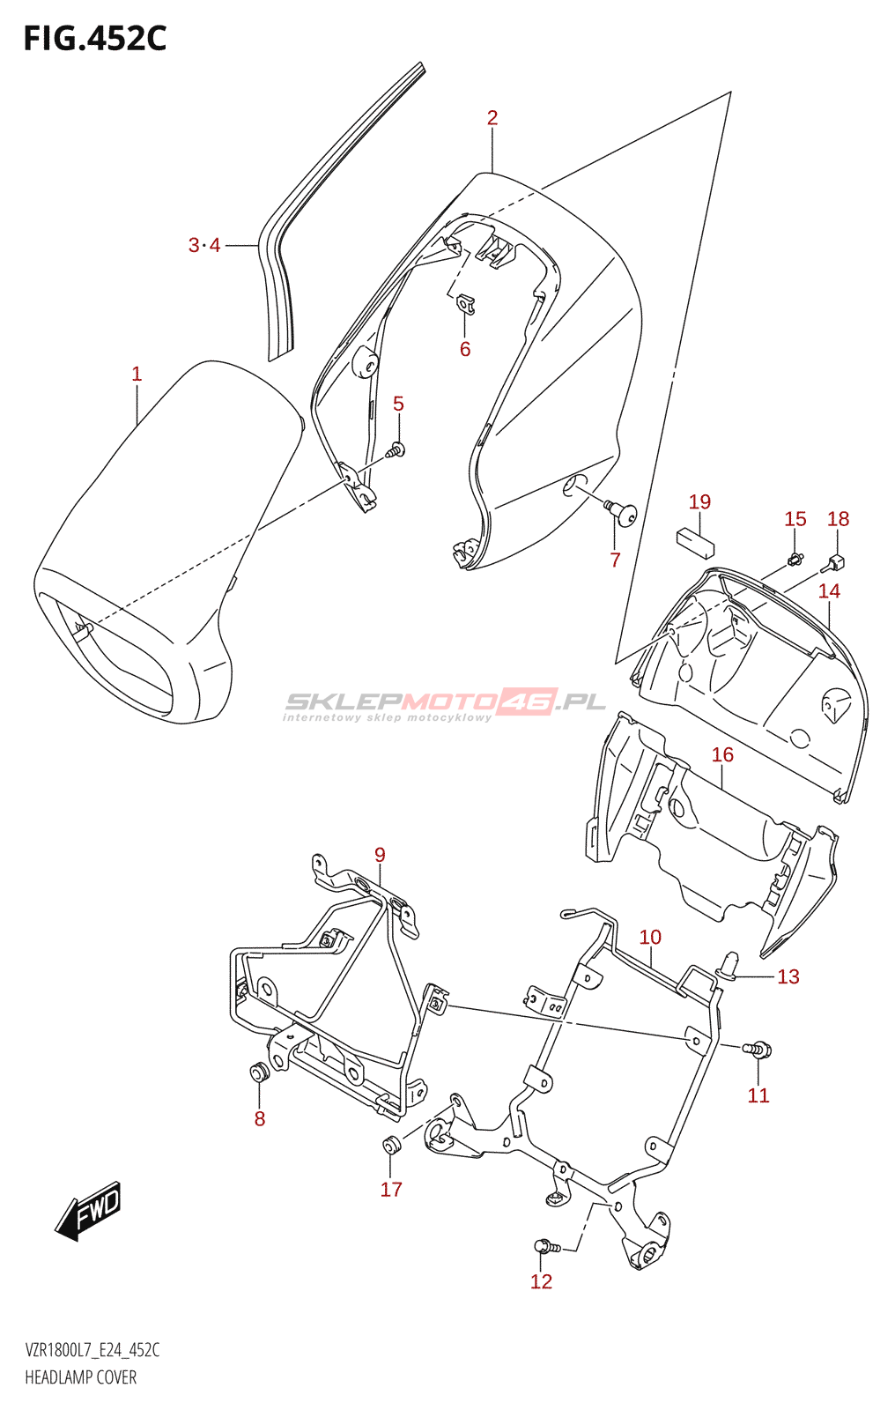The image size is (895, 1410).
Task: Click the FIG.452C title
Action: click(x=95, y=39)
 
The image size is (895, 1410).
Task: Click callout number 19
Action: click(x=699, y=501)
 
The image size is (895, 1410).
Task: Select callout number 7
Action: click(x=615, y=559)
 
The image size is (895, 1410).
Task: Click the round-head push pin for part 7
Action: click(x=623, y=513)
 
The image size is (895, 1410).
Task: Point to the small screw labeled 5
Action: click(x=396, y=449)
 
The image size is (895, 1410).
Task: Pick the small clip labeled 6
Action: click(x=465, y=305)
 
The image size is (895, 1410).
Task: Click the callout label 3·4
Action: click(x=204, y=245)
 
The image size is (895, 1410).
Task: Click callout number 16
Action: click(x=722, y=754)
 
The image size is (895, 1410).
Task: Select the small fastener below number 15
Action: click(x=795, y=557)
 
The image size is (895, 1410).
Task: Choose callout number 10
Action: click(x=650, y=937)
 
